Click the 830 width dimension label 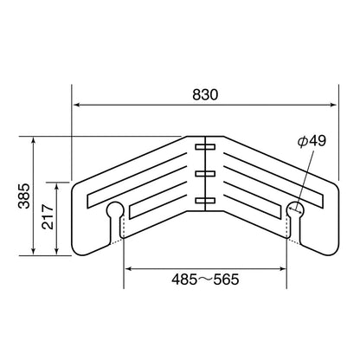(205, 94)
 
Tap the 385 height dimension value (24, 196)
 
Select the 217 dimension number (48, 217)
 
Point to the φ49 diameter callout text (312, 141)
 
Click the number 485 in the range (184, 280)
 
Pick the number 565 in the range (226, 280)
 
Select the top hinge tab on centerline (205, 147)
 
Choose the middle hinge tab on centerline (205, 174)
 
